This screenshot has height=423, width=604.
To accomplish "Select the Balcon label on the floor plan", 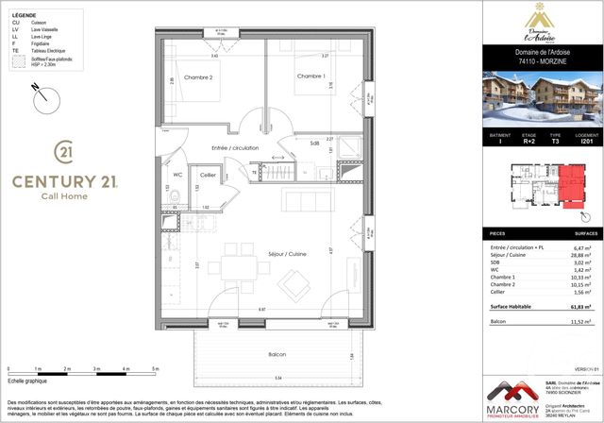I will pyautogui.click(x=276, y=354).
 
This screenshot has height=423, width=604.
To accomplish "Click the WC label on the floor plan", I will pyautogui.click(x=177, y=175).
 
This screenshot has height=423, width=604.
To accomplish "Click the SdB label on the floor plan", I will pyautogui.click(x=313, y=144).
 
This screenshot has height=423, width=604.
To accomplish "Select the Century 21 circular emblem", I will pyautogui.click(x=63, y=151).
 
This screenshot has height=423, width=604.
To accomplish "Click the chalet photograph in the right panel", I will pyautogui.click(x=543, y=99).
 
